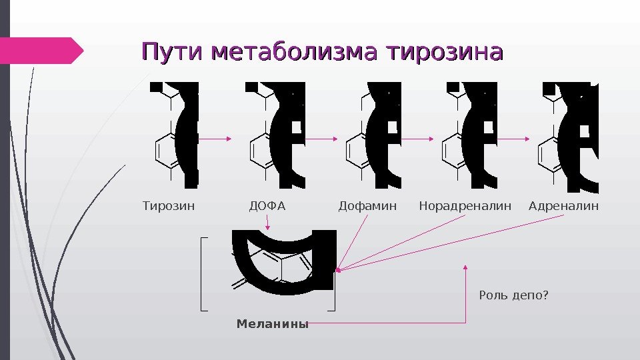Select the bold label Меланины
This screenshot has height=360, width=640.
tap(273, 325)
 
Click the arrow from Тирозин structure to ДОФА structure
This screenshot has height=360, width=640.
tap(215, 139)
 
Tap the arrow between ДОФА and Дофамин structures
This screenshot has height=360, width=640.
tap(320, 139)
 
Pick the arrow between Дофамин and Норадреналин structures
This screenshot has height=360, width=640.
tap(418, 139)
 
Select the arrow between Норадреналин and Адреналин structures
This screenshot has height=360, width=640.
tap(513, 139)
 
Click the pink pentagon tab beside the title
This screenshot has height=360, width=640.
tap(41, 50)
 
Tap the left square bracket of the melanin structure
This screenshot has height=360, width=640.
tap(203, 273)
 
